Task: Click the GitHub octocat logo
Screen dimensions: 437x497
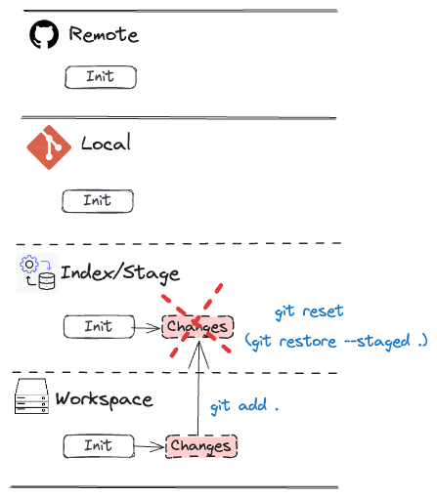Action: tap(44, 34)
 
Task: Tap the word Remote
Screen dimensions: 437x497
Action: tap(104, 34)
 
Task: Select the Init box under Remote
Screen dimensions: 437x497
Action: tap(101, 77)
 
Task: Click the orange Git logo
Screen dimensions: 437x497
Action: tap(49, 147)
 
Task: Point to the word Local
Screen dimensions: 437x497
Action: tap(106, 143)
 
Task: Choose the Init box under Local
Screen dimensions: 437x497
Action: tap(98, 201)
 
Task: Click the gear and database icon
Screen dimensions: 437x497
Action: tap(38, 273)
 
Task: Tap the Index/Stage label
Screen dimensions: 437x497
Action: tap(120, 273)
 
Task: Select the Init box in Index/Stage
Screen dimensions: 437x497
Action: tap(99, 326)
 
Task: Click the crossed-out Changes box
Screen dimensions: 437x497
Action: tap(197, 327)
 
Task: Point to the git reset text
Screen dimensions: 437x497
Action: tap(309, 311)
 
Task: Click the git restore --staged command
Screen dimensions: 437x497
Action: tap(336, 342)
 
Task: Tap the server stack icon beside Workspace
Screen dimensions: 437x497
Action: tap(31, 396)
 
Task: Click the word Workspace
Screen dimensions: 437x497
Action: tap(104, 399)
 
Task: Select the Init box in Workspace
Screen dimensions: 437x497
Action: tap(99, 446)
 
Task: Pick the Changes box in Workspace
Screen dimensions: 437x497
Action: tap(201, 446)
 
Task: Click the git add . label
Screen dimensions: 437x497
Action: tap(244, 406)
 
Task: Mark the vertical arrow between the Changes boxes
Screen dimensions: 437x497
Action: tap(198, 388)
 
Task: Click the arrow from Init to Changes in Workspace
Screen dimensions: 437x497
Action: tap(149, 446)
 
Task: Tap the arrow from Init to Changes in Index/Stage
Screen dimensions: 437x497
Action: tap(148, 328)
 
